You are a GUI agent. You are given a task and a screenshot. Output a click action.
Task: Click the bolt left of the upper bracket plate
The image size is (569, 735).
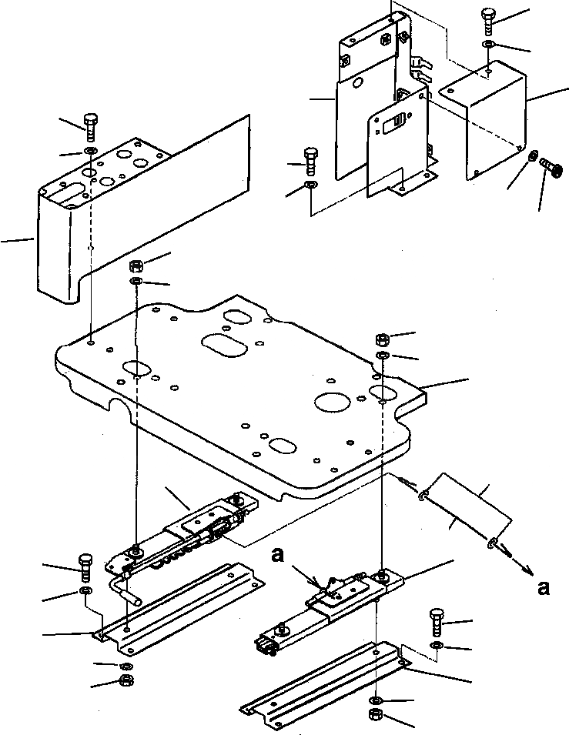[x=311, y=160]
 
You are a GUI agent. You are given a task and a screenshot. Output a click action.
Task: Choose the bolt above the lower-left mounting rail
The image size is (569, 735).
[x=85, y=566]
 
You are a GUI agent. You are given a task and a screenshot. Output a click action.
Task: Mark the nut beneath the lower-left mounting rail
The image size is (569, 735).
[x=125, y=680]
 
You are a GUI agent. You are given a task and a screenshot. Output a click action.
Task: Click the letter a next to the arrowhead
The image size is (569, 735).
[x=544, y=589]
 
